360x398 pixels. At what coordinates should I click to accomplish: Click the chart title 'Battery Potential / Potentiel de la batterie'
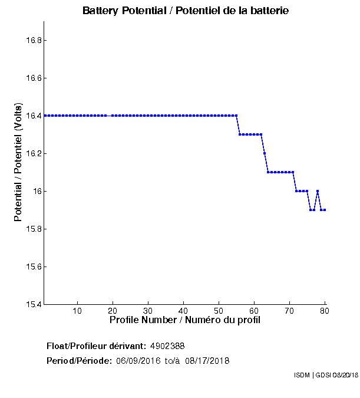coord(186,11)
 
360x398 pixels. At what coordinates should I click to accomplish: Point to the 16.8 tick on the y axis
coord(32,41)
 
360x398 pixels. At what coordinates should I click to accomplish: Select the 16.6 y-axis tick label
coord(32,78)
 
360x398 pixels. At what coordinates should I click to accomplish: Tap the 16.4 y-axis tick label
coord(32,116)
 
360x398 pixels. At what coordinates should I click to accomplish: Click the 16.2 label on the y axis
coord(32,154)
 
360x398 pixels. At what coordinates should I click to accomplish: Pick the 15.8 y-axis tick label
coord(32,229)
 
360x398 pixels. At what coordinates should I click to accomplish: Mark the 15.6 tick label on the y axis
coord(32,267)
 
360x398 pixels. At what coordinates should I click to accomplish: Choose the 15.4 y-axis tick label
coord(32,305)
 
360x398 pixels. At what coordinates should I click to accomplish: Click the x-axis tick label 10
coord(77,311)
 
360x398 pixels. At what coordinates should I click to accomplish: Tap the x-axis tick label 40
coord(183,311)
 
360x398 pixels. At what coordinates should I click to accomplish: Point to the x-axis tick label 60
coord(254,311)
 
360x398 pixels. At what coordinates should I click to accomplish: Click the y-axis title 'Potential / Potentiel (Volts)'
coord(18,163)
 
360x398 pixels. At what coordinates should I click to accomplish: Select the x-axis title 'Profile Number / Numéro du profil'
coord(185,320)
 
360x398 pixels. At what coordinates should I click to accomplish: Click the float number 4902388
coord(171,346)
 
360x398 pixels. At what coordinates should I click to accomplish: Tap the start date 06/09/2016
coord(138,361)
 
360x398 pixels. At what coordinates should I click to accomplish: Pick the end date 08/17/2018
coord(207,361)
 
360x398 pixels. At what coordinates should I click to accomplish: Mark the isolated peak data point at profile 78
coord(318,191)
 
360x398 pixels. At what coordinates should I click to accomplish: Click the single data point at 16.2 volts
coord(265,153)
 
